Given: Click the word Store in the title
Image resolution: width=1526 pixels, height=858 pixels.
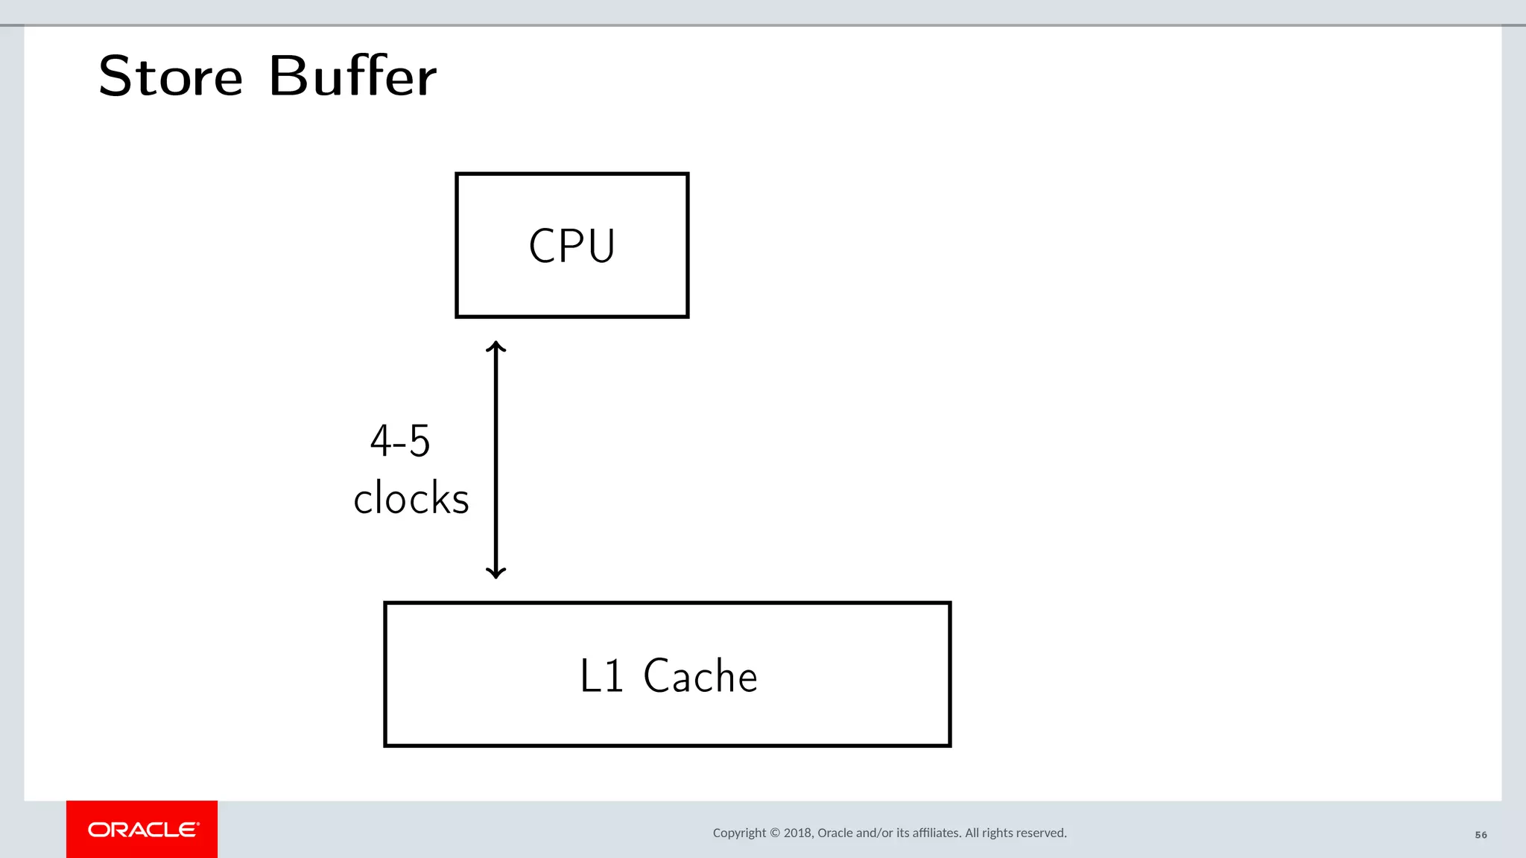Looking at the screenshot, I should click(x=171, y=77).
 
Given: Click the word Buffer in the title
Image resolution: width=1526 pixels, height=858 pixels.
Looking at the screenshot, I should click(x=352, y=76).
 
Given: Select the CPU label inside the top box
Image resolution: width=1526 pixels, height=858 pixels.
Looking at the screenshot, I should click(x=572, y=246).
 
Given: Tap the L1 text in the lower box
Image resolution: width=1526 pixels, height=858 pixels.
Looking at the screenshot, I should click(x=601, y=676).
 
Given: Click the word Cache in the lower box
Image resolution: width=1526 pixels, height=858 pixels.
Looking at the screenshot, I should click(x=700, y=676).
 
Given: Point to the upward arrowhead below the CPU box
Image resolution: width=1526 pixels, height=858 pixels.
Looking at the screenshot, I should click(x=496, y=346).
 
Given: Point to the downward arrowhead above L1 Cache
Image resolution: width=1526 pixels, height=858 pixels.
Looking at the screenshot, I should click(x=496, y=573).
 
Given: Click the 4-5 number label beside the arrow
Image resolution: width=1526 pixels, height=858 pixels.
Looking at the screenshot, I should click(x=400, y=441).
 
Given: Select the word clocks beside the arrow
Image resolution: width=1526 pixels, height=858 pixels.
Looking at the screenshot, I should click(x=411, y=498).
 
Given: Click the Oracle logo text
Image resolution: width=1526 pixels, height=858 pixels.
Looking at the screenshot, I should click(x=143, y=830).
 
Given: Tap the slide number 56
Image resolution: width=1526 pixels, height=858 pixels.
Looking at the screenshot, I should click(x=1481, y=835).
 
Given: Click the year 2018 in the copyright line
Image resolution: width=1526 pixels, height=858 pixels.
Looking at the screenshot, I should click(x=797, y=833).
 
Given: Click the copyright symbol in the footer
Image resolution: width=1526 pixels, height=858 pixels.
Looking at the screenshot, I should click(x=775, y=833).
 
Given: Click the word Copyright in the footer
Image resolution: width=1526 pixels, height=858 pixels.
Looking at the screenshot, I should click(x=739, y=833).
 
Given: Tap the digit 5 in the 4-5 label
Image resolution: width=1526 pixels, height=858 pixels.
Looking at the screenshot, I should click(x=420, y=441).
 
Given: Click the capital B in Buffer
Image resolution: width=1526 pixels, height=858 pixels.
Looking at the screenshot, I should click(x=286, y=76).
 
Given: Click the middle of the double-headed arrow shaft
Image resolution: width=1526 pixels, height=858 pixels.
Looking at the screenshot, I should click(x=496, y=460).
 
